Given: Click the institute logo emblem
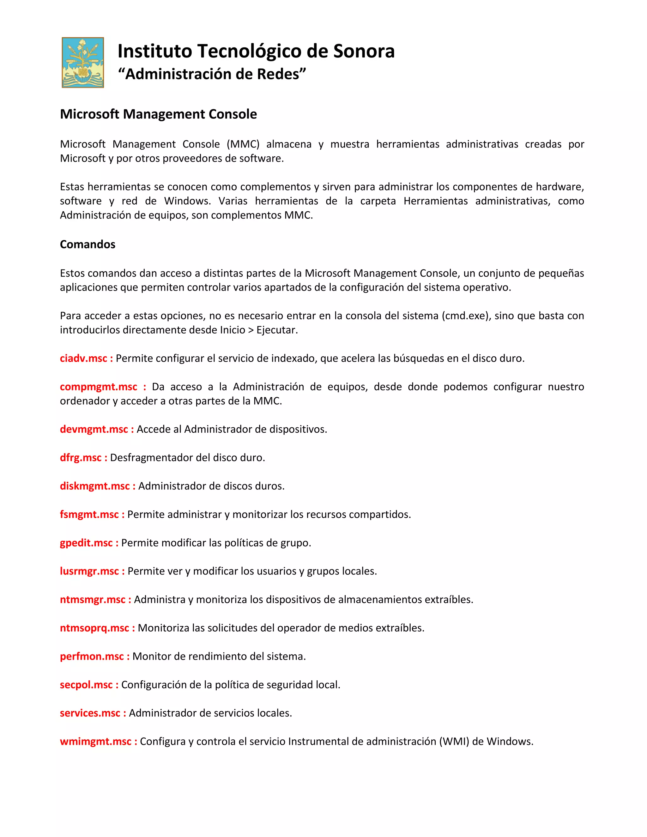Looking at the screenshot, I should [x=83, y=63].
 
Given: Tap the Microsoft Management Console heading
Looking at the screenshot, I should [x=158, y=114].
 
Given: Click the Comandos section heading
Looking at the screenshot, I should [x=88, y=244].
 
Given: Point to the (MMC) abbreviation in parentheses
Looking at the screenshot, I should [x=243, y=144].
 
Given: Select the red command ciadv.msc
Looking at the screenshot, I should [x=83, y=358].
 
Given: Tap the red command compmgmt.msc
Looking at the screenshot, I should [x=99, y=387].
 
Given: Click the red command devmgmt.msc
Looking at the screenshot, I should [x=94, y=429].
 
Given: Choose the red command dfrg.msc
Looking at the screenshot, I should [x=81, y=458].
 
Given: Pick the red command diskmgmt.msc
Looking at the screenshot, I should [x=95, y=486].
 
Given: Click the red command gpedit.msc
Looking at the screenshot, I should [x=86, y=543].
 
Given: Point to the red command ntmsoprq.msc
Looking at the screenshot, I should [x=94, y=628].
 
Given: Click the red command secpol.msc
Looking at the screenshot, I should [x=86, y=684].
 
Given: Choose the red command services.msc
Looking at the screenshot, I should [x=90, y=713].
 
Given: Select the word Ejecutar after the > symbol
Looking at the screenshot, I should [x=276, y=330].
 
